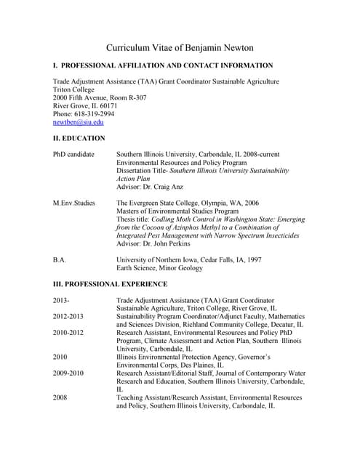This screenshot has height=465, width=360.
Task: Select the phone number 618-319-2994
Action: pyautogui.click(x=93, y=114)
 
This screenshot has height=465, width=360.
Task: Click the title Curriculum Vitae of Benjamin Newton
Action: pyautogui.click(x=180, y=48)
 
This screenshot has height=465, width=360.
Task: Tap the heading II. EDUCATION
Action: pyautogui.click(x=79, y=138)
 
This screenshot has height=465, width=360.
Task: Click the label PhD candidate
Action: pyautogui.click(x=73, y=155)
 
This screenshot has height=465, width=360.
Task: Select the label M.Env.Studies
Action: pyautogui.click(x=74, y=203)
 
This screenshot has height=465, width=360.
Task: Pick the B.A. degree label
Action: pyautogui.click(x=60, y=259)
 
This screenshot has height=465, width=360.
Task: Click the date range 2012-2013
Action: pyautogui.click(x=68, y=316)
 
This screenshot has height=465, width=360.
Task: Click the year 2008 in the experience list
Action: pyautogui.click(x=60, y=397)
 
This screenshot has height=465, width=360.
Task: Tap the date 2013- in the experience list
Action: pyautogui.click(x=62, y=300)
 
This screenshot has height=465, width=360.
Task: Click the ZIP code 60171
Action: pyautogui.click(x=117, y=106)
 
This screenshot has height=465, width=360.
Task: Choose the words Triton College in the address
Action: pyautogui.click(x=74, y=89)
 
